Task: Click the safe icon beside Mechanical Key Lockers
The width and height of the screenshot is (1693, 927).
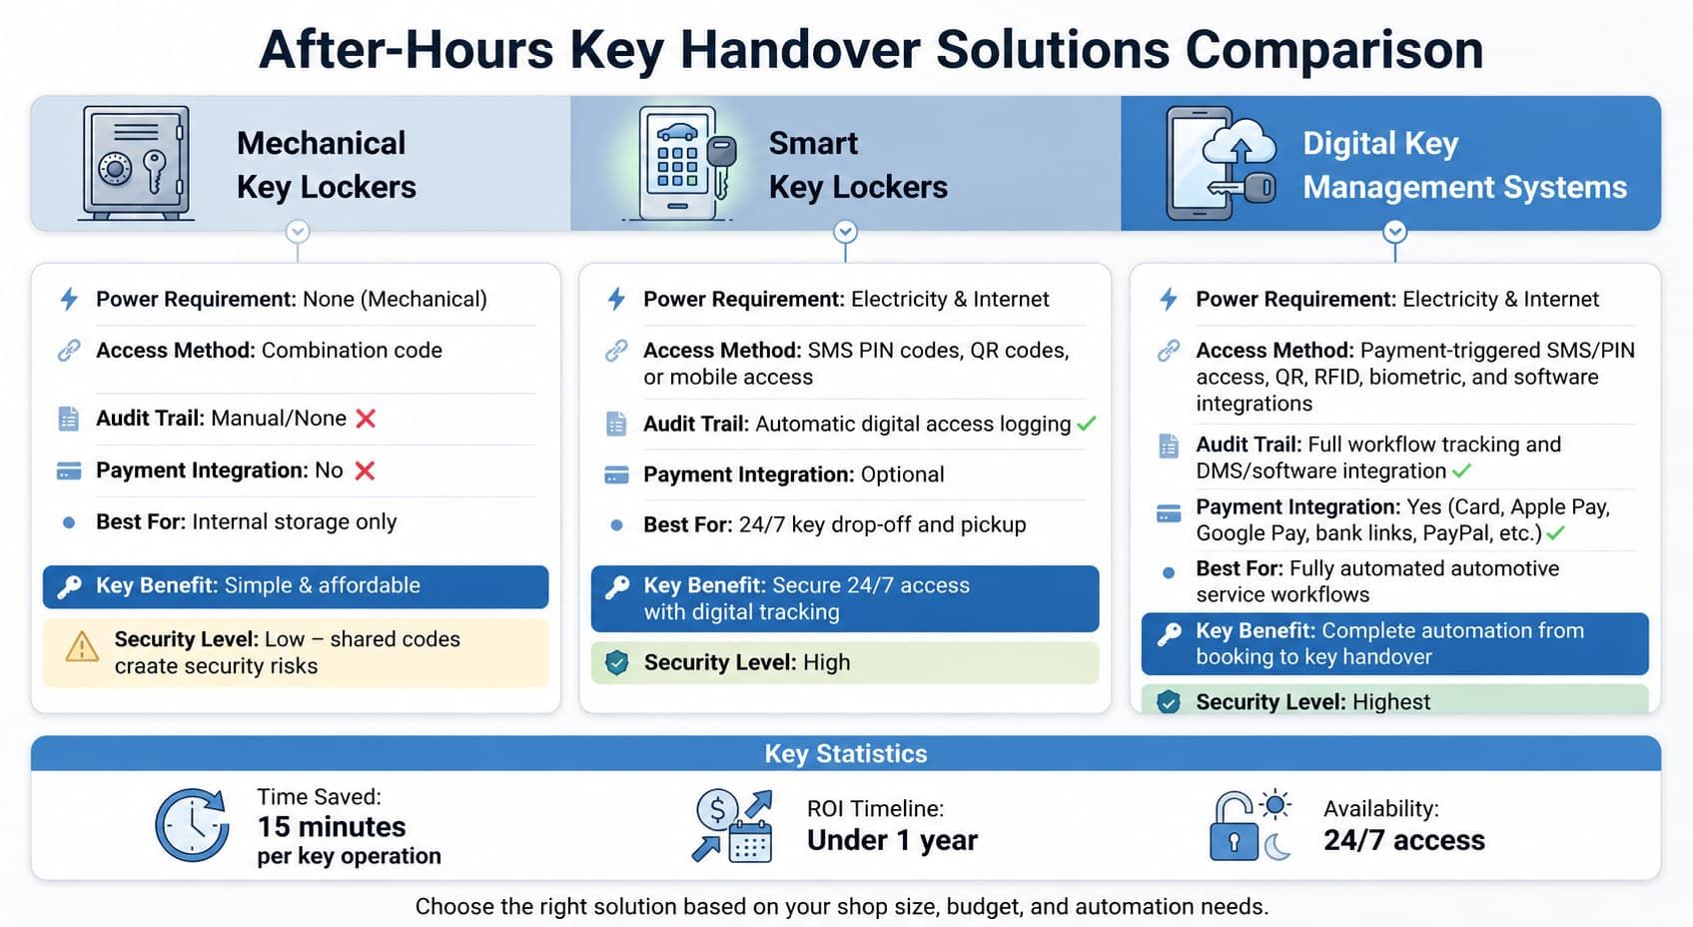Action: [x=136, y=163]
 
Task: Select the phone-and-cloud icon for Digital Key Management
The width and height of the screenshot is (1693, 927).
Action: [x=1222, y=163]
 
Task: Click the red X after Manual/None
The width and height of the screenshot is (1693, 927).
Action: [x=366, y=419]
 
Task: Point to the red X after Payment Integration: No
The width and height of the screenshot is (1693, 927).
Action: [x=365, y=470]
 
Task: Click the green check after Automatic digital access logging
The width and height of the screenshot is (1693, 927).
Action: [x=1087, y=424]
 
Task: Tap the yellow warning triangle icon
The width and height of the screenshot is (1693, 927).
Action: [x=82, y=647]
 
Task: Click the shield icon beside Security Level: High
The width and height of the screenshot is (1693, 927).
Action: [x=616, y=662]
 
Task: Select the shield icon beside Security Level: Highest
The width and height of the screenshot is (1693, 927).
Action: [x=1169, y=701]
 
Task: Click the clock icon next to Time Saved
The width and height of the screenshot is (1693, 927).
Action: [x=192, y=825]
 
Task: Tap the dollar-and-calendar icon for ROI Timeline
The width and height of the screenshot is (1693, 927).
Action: [x=732, y=826]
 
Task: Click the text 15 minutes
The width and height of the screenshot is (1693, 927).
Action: [x=331, y=826]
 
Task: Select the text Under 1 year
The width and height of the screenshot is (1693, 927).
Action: [x=892, y=840]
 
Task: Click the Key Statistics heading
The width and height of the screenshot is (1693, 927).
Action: [x=846, y=754]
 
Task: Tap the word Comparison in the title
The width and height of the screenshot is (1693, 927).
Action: [x=1334, y=50]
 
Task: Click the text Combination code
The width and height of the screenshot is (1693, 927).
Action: [x=352, y=350]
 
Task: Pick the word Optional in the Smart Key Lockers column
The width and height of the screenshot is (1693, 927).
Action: [x=902, y=474]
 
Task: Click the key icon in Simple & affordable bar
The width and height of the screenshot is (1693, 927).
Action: [x=70, y=586]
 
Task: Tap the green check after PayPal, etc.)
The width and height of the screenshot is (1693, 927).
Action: [x=1555, y=533]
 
